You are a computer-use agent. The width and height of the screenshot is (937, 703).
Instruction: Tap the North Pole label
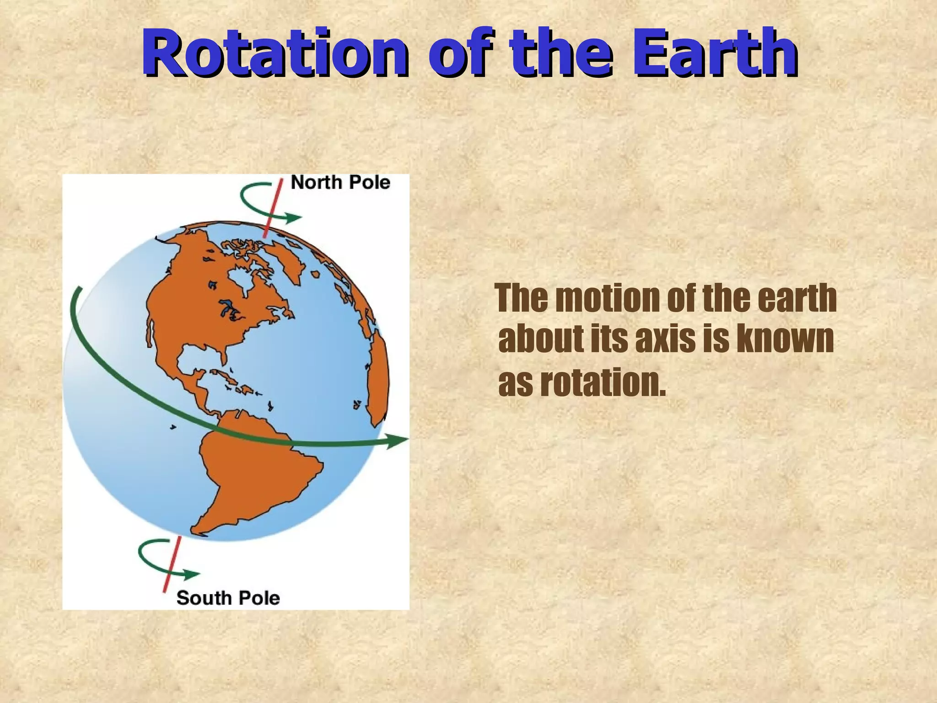tap(340, 182)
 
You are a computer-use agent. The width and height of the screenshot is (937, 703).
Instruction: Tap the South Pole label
tap(228, 598)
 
